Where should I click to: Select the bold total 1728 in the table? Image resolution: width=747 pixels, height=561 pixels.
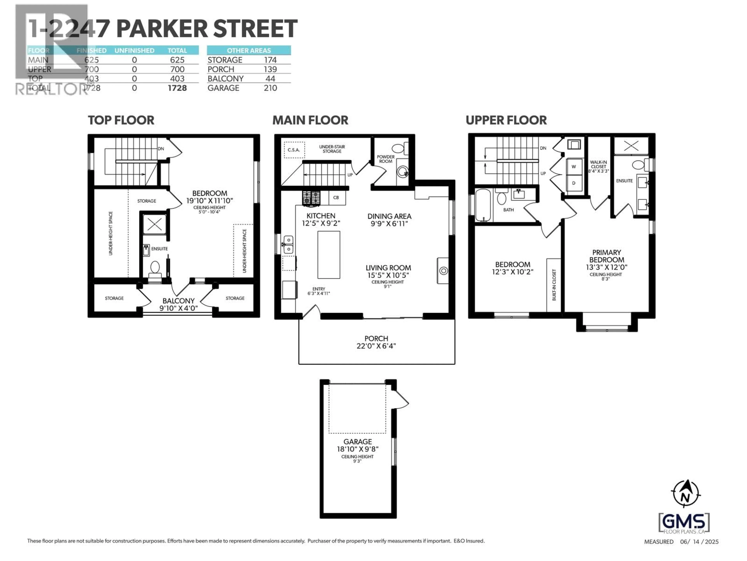coord(177,88)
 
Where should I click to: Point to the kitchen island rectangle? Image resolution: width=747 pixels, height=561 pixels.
coord(329,255)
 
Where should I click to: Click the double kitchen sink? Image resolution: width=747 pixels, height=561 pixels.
coord(288,244)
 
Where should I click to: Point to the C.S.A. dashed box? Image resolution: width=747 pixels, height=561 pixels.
coord(294,150)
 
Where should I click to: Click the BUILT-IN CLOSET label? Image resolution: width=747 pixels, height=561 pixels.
coord(554,285)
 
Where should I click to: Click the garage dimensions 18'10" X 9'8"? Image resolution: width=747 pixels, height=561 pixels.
coord(358,449)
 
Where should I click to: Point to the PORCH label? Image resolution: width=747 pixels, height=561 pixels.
coord(376,339)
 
